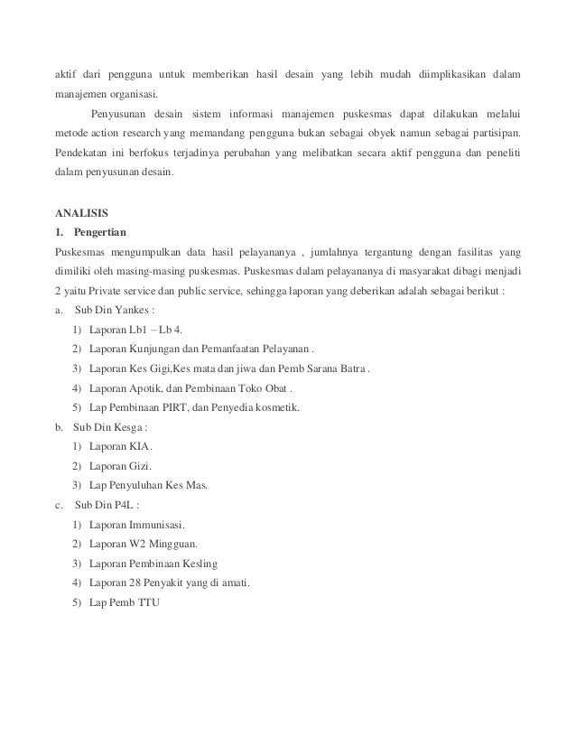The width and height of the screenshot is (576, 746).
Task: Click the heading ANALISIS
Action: pos(81,214)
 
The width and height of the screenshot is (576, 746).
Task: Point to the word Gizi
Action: pos(141,466)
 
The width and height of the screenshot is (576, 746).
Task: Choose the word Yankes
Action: pos(135,311)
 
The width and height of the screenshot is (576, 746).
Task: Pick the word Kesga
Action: pos(132,427)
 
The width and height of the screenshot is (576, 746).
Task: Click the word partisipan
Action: pos(493,135)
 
